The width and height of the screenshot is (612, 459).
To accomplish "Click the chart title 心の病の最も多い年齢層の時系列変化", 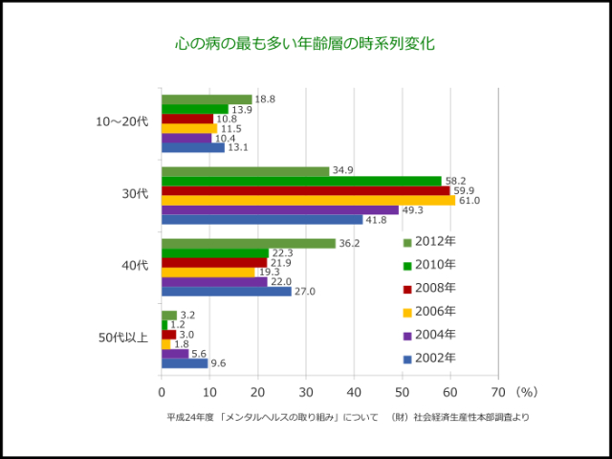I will (x=305, y=44).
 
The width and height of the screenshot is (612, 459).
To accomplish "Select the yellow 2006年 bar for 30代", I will (x=308, y=200).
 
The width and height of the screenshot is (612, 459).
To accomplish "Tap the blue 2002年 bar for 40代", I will (x=226, y=291).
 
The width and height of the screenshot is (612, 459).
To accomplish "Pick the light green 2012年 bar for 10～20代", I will (x=207, y=99).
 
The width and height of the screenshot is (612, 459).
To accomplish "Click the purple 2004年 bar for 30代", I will (x=279, y=209).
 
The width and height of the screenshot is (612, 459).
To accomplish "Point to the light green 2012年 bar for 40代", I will (x=248, y=243).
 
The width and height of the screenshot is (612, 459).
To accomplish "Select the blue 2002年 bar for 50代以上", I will (x=184, y=363).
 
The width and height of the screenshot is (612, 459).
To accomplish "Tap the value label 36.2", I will (x=349, y=243).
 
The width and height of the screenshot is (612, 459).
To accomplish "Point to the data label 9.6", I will (x=217, y=363).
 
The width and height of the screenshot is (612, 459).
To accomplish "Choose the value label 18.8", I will (x=265, y=99).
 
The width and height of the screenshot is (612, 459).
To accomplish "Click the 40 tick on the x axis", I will (x=354, y=391).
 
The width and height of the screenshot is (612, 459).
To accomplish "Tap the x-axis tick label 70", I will (x=497, y=391).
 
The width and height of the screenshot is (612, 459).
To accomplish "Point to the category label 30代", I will (x=135, y=194).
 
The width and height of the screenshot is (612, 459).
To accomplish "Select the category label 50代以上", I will (x=123, y=338).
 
